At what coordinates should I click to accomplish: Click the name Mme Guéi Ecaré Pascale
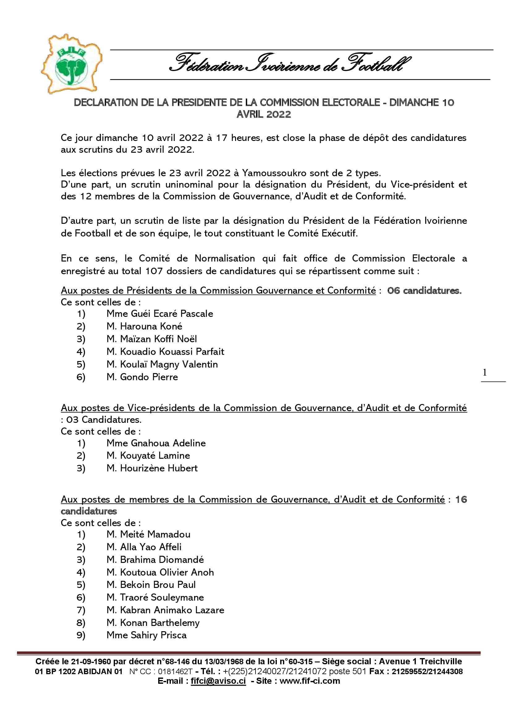click(159, 314)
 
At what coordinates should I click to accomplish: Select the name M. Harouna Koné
click(144, 326)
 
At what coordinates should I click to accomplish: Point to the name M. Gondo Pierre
click(142, 377)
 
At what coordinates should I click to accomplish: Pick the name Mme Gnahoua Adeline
click(156, 443)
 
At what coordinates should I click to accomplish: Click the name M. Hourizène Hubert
click(152, 468)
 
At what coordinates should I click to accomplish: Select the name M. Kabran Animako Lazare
click(165, 610)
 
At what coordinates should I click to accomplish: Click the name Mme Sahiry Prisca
click(146, 635)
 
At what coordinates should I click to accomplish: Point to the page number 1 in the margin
click(484, 373)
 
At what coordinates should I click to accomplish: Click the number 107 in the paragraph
click(154, 271)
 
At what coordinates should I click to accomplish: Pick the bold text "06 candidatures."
click(424, 290)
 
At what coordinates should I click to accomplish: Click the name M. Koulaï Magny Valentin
click(162, 364)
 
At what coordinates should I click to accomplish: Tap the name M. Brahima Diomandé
click(155, 559)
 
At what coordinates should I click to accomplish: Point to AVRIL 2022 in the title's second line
click(264, 114)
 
